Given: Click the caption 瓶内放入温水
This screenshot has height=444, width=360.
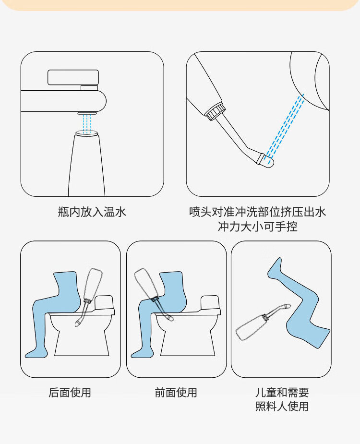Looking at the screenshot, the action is pos(92,212).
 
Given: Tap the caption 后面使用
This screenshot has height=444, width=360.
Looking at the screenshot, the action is pos(70,393).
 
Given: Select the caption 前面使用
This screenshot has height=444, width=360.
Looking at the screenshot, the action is pos(176,393).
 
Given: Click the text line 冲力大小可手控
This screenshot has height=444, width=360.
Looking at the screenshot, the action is pos(257,227).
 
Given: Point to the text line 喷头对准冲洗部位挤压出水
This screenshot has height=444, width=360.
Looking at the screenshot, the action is pos(257,212).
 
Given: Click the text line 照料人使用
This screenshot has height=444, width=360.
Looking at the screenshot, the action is pos(282,407).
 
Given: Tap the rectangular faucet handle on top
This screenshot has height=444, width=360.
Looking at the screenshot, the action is pos(73,77).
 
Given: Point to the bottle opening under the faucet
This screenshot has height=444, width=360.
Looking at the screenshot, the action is pos(87,133).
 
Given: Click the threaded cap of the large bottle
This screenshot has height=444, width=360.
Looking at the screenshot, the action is pos(216,112).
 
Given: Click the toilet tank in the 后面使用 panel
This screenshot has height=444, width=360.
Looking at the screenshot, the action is pos(104,303).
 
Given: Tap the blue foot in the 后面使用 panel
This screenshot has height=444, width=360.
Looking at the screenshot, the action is pos(36,353).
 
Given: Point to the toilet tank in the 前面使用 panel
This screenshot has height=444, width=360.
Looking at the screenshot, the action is pos(210,303).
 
